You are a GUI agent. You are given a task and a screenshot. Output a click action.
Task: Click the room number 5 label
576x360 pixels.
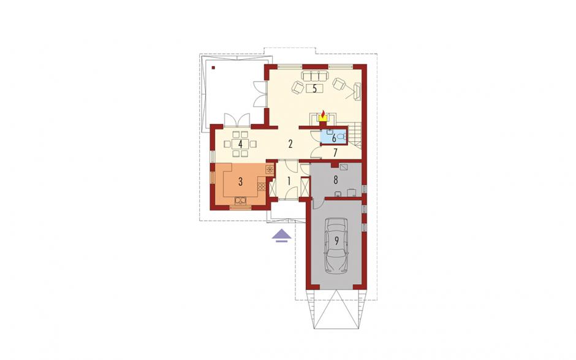click(314, 89)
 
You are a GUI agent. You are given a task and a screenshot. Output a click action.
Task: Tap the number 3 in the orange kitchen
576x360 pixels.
click(240, 182)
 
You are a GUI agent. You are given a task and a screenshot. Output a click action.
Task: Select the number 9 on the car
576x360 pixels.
click(336, 241)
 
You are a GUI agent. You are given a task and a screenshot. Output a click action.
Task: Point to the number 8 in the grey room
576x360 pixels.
click(335, 180)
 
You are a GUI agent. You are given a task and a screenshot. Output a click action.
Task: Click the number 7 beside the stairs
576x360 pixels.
click(335, 152)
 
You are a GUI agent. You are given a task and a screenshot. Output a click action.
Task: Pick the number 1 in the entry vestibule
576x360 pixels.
click(289, 180)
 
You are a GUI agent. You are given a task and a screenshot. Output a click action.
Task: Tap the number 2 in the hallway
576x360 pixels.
click(290, 144)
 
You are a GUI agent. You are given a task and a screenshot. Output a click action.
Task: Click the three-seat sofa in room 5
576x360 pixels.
click(314, 76)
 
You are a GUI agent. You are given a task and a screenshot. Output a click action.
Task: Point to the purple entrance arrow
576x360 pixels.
click(282, 236)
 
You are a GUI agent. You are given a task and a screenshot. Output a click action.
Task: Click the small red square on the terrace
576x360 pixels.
click(213, 67)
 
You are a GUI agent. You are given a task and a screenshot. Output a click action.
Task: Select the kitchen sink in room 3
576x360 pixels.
click(241, 201)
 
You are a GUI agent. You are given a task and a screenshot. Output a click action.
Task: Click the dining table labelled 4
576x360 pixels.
click(240, 144)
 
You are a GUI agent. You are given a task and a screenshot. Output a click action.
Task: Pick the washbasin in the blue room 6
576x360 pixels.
click(330, 131)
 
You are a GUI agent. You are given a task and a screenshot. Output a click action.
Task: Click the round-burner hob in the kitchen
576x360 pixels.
click(270, 169)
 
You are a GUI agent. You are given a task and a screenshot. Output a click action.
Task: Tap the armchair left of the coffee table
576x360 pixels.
click(297, 87)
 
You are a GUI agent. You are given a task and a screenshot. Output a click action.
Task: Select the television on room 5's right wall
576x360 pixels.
click(357, 91)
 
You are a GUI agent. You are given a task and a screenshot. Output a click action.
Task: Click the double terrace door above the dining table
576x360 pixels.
click(237, 120)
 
